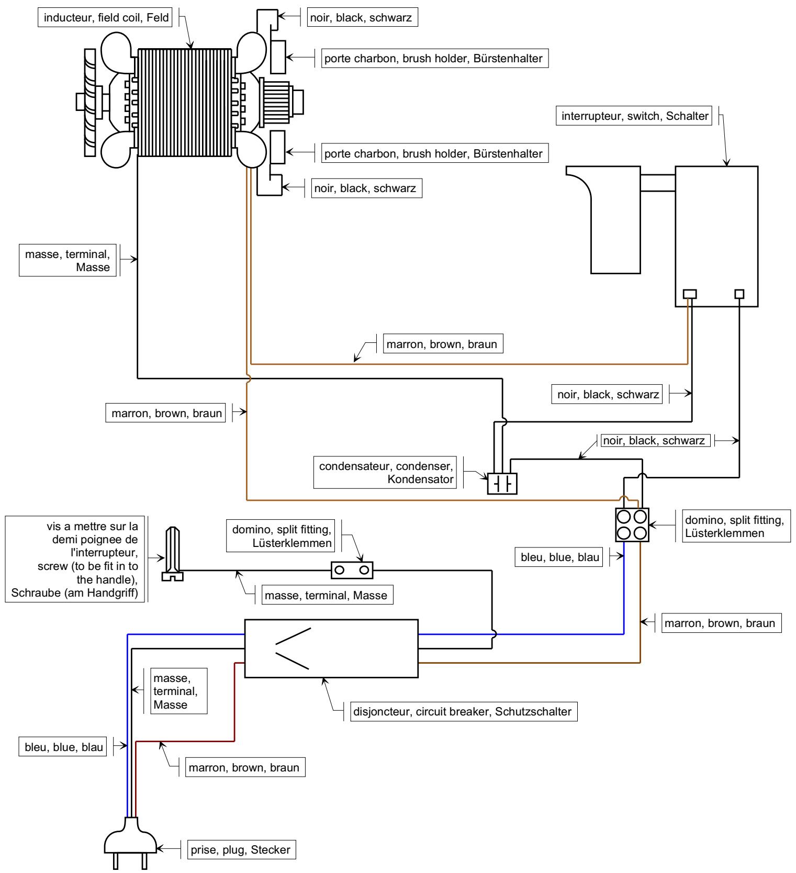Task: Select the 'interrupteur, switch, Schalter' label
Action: (635, 116)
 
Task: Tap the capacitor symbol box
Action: (502, 484)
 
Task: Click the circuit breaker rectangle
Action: (331, 648)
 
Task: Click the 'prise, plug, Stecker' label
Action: (241, 849)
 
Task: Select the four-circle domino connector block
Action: (632, 525)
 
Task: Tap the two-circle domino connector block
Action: (352, 570)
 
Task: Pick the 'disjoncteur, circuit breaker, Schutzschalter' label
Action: (461, 712)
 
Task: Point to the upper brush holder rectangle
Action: (277, 57)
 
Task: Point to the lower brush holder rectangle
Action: (277, 148)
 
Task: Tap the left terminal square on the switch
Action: (690, 294)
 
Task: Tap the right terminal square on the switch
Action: (739, 294)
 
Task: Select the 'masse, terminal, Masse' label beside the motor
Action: (68, 260)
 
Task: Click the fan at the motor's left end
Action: (89, 102)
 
